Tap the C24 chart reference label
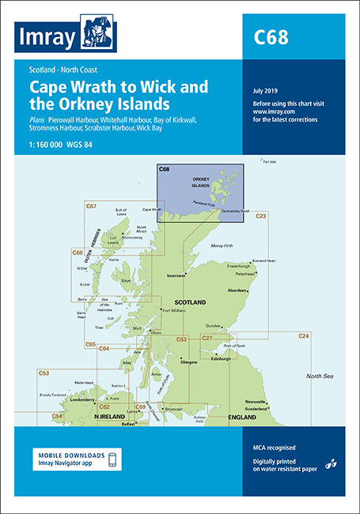[x=303, y=337]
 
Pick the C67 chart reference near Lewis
[x=92, y=206]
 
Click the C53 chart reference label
[x=44, y=372]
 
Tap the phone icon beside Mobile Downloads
[x=112, y=460]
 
